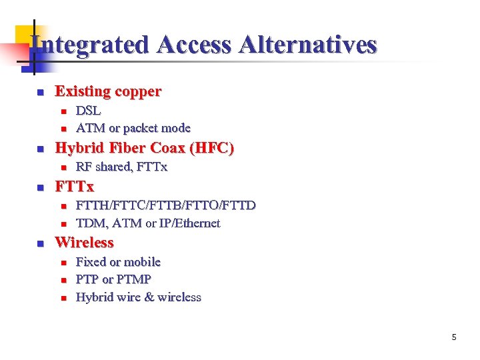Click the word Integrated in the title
point(91,45)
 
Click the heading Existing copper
point(108,91)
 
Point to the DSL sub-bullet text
point(89,111)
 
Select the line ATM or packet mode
point(133,128)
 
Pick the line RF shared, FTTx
point(121,167)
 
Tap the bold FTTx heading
point(75,186)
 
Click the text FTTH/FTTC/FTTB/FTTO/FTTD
point(165,205)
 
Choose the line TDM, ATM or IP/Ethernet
point(148,223)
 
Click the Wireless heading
point(84,243)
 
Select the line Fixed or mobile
point(118,262)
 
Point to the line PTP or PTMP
point(113,279)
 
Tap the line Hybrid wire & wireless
point(138,297)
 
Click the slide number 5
point(454,337)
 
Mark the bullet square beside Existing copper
point(39,92)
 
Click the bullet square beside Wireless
point(39,243)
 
